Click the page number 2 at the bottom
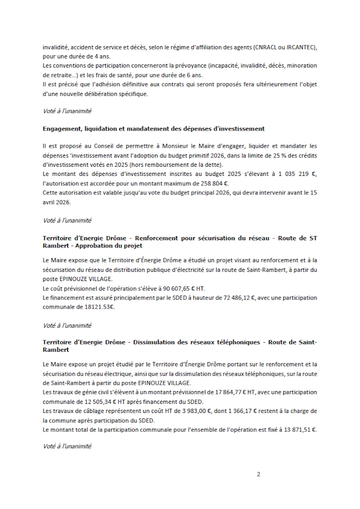(x=258, y=475)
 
